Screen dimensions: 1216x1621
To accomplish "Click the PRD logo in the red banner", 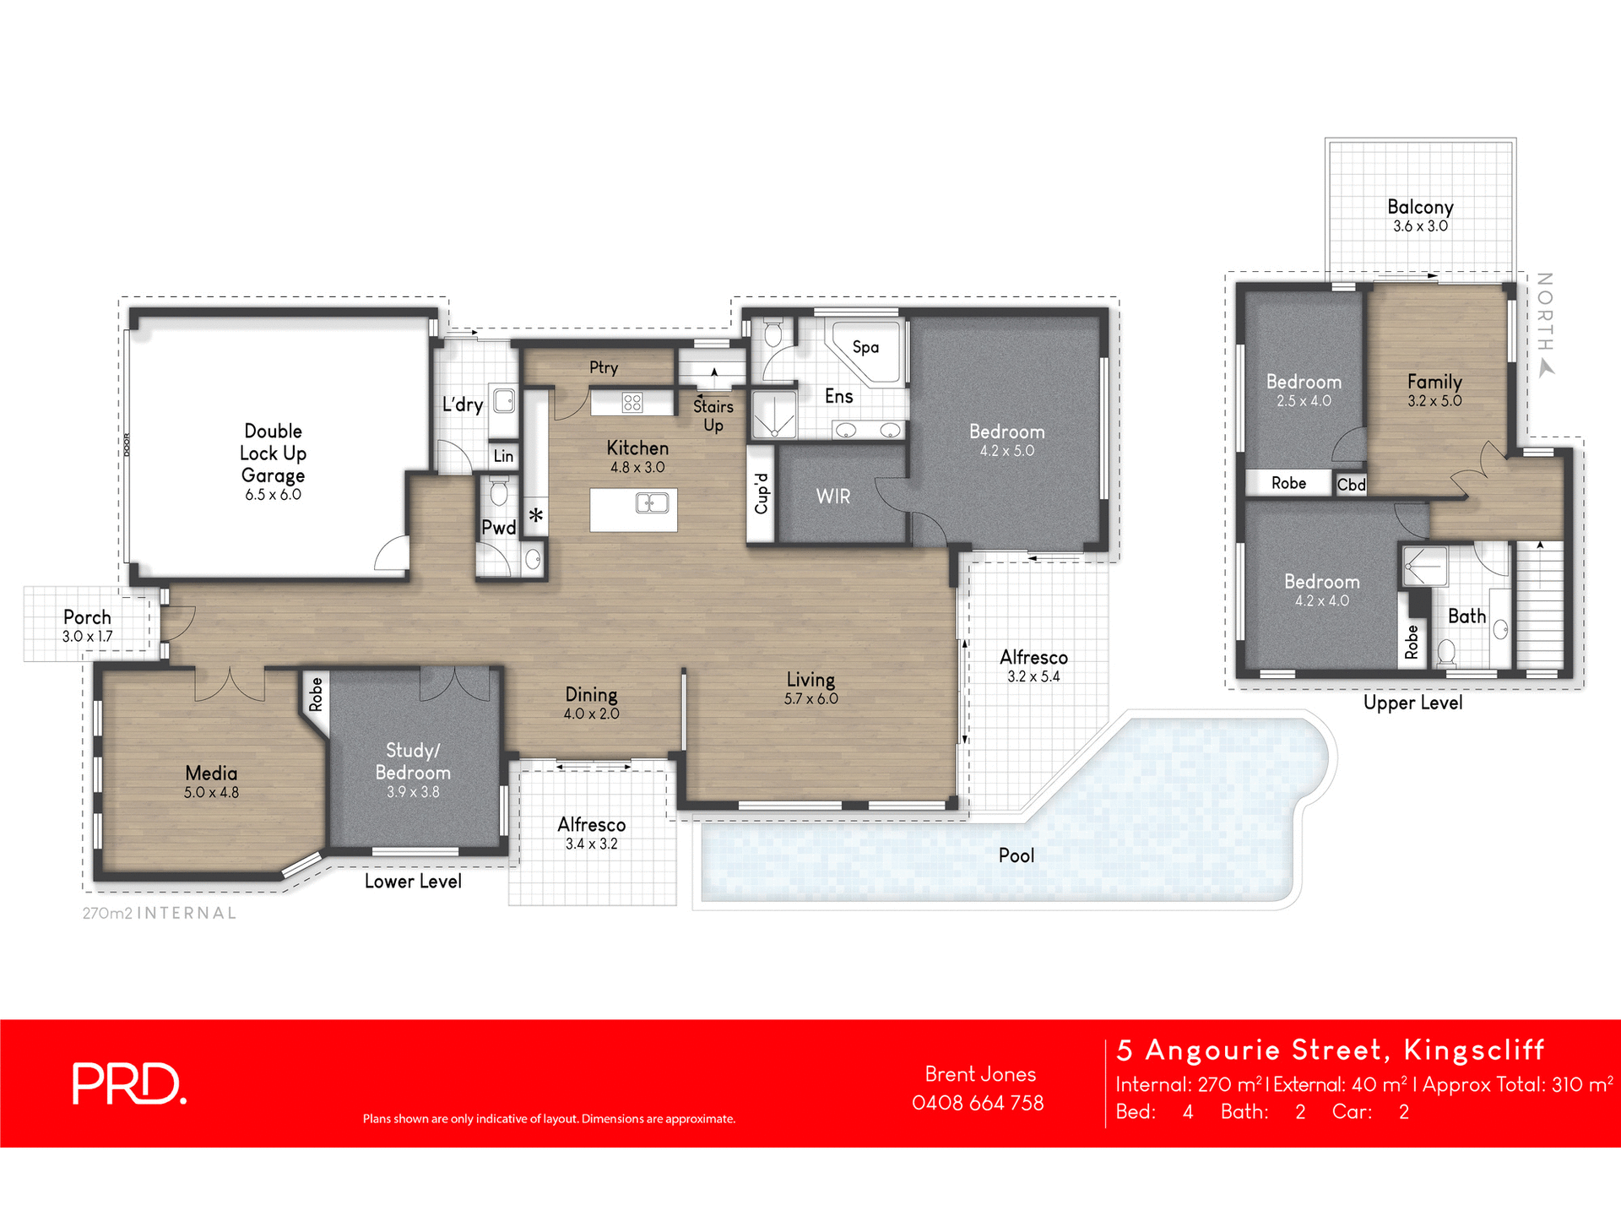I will click(128, 1083).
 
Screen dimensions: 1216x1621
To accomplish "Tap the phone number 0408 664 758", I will click(978, 1103).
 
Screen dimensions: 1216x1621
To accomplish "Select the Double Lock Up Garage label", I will click(273, 453).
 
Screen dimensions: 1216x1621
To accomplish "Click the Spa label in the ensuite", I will click(865, 347).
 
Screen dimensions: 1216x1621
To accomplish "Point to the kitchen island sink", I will click(652, 504).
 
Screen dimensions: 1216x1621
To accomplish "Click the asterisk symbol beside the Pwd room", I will click(536, 515).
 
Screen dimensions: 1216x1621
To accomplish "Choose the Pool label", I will click(1016, 855).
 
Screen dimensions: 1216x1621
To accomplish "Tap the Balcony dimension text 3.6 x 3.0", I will click(1420, 226).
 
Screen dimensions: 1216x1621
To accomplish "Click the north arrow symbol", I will click(1546, 368).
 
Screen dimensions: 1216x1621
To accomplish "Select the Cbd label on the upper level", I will click(1351, 485).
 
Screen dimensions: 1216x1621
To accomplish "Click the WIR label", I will click(832, 497).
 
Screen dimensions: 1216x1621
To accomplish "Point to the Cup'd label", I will click(761, 493).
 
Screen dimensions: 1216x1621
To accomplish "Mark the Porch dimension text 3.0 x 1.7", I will click(87, 637).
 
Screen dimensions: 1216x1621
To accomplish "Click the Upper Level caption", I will click(1412, 703).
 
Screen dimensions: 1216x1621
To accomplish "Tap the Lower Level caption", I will click(413, 882).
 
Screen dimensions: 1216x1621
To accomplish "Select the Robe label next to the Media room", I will click(316, 694).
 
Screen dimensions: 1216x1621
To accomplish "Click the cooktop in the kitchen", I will click(632, 402).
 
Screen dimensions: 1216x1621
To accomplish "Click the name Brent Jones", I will click(980, 1074).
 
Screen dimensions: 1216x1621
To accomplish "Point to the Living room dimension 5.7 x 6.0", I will click(810, 699).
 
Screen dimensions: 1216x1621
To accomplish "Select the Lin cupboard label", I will click(503, 456).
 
